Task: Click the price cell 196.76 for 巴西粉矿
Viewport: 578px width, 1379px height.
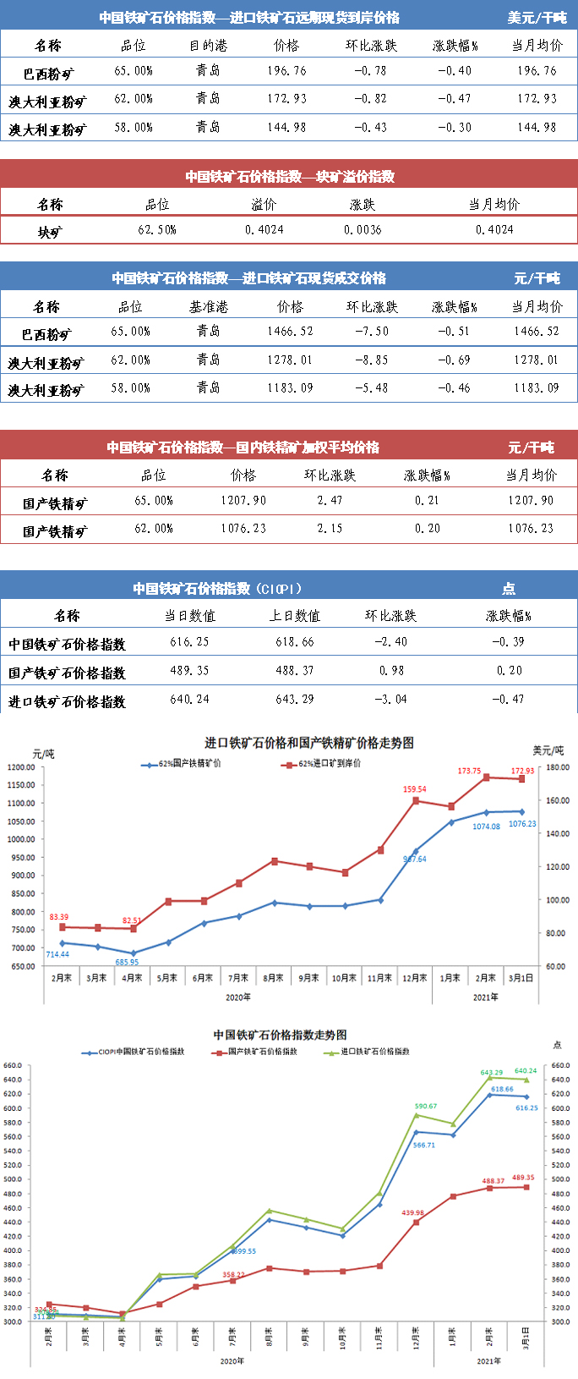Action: (286, 71)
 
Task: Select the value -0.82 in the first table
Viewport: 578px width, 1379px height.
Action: (369, 99)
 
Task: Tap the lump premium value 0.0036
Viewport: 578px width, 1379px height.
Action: (363, 230)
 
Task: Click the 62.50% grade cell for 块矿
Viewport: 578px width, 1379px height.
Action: (157, 230)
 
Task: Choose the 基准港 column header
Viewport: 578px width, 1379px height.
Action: (208, 307)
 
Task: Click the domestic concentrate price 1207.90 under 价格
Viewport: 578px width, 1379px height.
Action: (243, 501)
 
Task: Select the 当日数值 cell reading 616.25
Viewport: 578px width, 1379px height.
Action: (189, 642)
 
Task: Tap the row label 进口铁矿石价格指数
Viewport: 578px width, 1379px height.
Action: (67, 701)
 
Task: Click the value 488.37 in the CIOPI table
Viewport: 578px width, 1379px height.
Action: (294, 671)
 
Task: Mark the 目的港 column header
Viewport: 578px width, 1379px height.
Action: (208, 46)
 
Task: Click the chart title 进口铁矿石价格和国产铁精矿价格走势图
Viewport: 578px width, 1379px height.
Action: (309, 743)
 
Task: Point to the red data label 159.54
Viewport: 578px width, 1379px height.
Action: (414, 789)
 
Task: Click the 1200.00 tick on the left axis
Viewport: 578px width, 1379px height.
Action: (20, 767)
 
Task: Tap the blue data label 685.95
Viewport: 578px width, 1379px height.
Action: (127, 962)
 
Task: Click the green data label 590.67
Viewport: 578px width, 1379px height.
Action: (425, 1106)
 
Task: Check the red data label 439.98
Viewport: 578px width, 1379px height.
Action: (412, 1213)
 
